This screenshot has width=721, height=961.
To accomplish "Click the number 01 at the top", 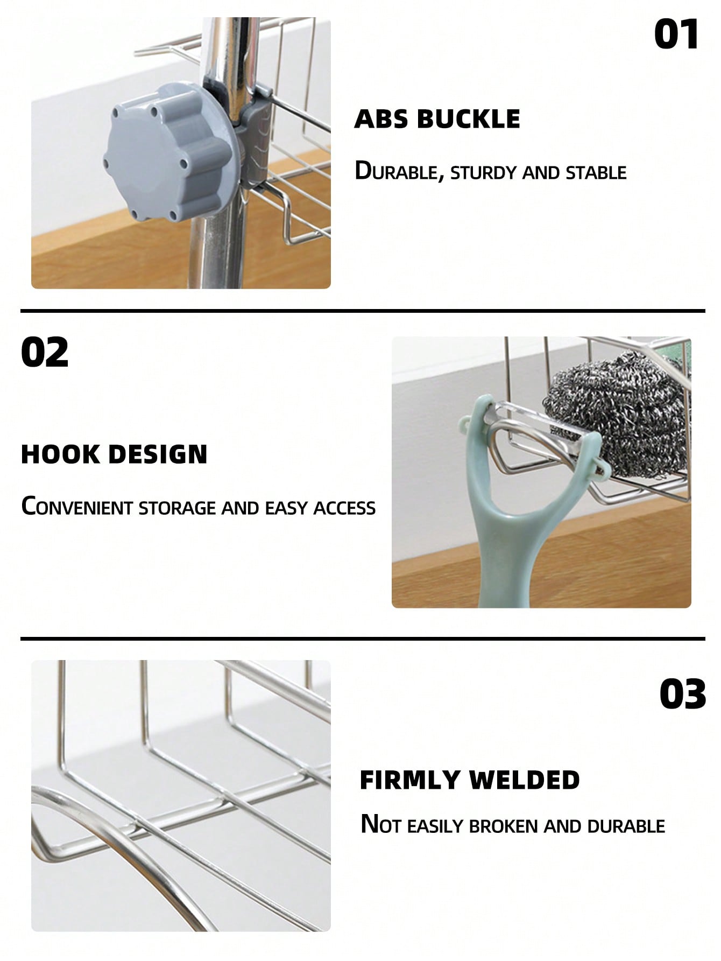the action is [x=676, y=34].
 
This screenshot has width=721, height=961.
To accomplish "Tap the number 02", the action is [x=45, y=352].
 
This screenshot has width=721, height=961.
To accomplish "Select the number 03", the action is [x=683, y=693].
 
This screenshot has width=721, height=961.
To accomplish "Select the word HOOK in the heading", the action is [x=60, y=454].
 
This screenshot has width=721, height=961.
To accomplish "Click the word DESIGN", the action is [x=158, y=454].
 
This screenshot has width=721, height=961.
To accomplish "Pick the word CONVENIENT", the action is [x=77, y=507].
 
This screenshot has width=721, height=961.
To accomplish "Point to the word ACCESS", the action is [x=344, y=508].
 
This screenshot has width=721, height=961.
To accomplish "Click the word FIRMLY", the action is [x=410, y=780].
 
